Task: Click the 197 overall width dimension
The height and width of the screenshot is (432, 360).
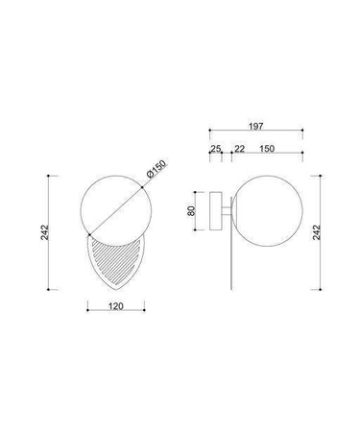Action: click(x=255, y=126)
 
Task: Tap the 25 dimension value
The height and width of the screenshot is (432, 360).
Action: click(x=215, y=149)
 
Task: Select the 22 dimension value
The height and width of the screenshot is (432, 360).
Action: click(x=239, y=149)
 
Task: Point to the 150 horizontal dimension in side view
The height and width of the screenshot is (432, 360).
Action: click(x=267, y=149)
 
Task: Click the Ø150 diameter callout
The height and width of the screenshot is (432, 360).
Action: click(x=156, y=169)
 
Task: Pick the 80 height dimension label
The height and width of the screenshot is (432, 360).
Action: click(x=191, y=211)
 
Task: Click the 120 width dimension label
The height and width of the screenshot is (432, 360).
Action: click(x=115, y=306)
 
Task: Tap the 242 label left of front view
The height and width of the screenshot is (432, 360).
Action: click(x=45, y=232)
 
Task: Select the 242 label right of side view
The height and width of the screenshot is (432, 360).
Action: click(x=316, y=232)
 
